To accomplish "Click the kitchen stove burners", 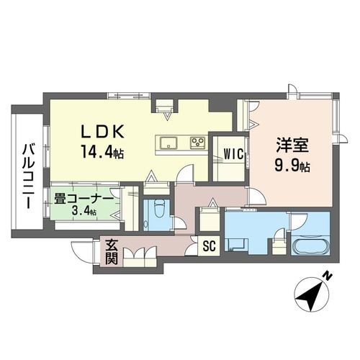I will pos(197,142).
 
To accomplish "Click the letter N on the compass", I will pos(326,276).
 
